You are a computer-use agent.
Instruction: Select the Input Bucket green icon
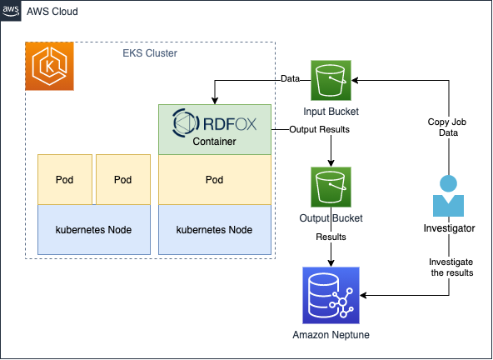331,81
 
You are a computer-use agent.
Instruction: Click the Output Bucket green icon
331,187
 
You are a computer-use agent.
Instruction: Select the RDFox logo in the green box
214,123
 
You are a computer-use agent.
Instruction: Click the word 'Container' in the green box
214,142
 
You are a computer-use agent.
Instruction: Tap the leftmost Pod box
66,179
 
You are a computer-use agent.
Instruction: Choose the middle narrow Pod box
123,179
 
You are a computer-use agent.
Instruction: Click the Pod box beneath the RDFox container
214,179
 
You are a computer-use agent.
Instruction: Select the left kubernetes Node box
94,228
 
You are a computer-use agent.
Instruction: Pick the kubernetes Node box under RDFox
214,228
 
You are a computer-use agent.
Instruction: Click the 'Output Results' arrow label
319,130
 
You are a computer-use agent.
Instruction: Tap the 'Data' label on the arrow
290,80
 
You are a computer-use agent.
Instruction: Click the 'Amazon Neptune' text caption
330,335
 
